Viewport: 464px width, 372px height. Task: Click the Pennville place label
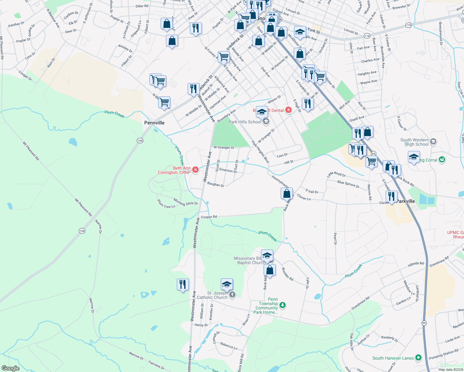[x=154, y=123]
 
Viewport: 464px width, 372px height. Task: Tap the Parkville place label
[x=406, y=201]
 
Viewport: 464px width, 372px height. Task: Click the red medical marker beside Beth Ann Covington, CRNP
[x=195, y=170]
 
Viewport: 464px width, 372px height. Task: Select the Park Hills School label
[x=245, y=122]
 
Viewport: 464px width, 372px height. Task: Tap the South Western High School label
[x=414, y=142]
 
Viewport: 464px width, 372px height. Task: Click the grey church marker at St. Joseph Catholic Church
[x=232, y=295]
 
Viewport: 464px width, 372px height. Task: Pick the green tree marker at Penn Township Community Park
[x=282, y=305]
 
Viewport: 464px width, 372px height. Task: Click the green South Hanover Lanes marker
[x=418, y=358]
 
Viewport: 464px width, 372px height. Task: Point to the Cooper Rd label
[x=209, y=217]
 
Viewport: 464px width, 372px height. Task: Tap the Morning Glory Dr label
[x=185, y=202]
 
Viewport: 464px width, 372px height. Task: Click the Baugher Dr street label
[x=216, y=184]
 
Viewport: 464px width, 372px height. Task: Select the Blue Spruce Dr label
[x=348, y=184]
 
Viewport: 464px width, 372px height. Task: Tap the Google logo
[x=11, y=368]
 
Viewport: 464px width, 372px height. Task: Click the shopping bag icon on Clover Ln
[x=287, y=194]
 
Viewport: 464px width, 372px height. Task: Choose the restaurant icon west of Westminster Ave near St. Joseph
[x=183, y=285]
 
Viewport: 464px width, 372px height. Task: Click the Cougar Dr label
[x=25, y=75]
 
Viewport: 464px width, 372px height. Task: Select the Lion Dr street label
[x=282, y=155]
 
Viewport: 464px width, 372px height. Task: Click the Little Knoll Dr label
[x=336, y=175]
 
